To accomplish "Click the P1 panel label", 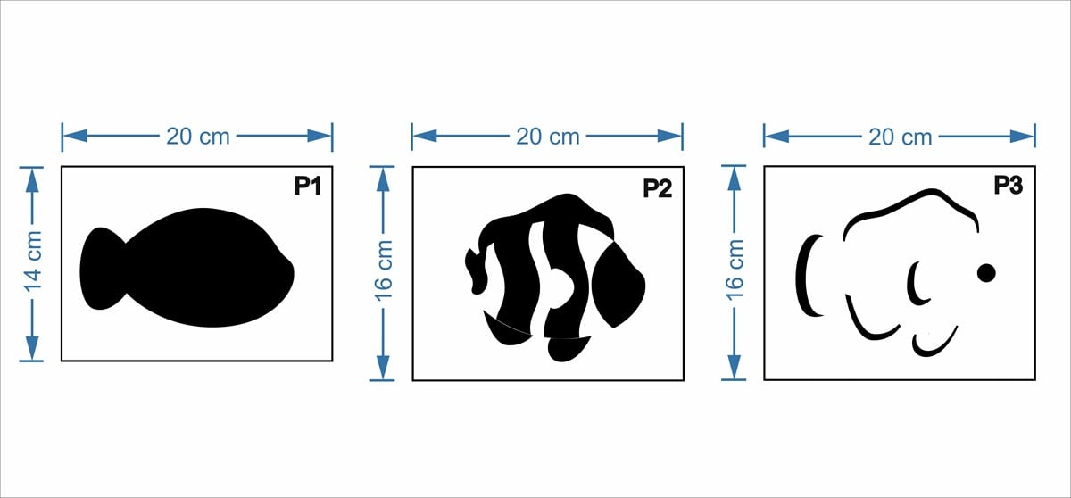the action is pyautogui.click(x=307, y=186).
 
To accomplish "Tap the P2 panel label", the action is pyautogui.click(x=658, y=188).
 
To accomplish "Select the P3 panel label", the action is pyautogui.click(x=1009, y=185).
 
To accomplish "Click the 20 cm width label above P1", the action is pyautogui.click(x=198, y=137).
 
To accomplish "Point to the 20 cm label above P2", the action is pyautogui.click(x=548, y=137).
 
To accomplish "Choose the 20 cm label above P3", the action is pyautogui.click(x=901, y=137).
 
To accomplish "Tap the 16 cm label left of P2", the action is pyautogui.click(x=384, y=270).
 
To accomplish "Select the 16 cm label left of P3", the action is pyautogui.click(x=735, y=270).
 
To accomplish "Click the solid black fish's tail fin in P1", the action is pyautogui.click(x=102, y=269).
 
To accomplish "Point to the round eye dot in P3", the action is pyautogui.click(x=986, y=273).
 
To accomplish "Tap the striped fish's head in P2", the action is pyautogui.click(x=619, y=286).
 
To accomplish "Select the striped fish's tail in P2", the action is pyautogui.click(x=477, y=270).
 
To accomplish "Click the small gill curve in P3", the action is pyautogui.click(x=914, y=284).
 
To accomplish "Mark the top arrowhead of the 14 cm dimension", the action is pyautogui.click(x=32, y=180).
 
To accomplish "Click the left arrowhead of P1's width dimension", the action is pyautogui.click(x=75, y=136).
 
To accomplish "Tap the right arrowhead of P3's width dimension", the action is pyautogui.click(x=1022, y=137).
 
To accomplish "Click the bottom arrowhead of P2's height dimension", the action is pyautogui.click(x=383, y=367).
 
